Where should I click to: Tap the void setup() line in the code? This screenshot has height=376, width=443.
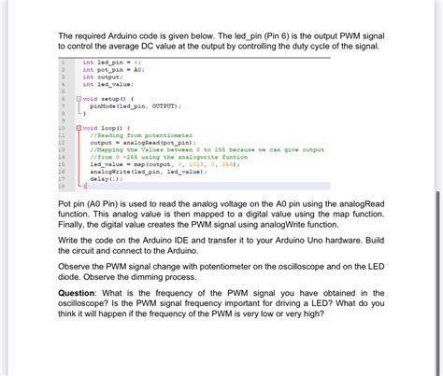110,98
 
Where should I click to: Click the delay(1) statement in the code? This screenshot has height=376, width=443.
106,178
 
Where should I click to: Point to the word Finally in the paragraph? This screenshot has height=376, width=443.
76,225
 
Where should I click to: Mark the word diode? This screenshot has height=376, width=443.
73,275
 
